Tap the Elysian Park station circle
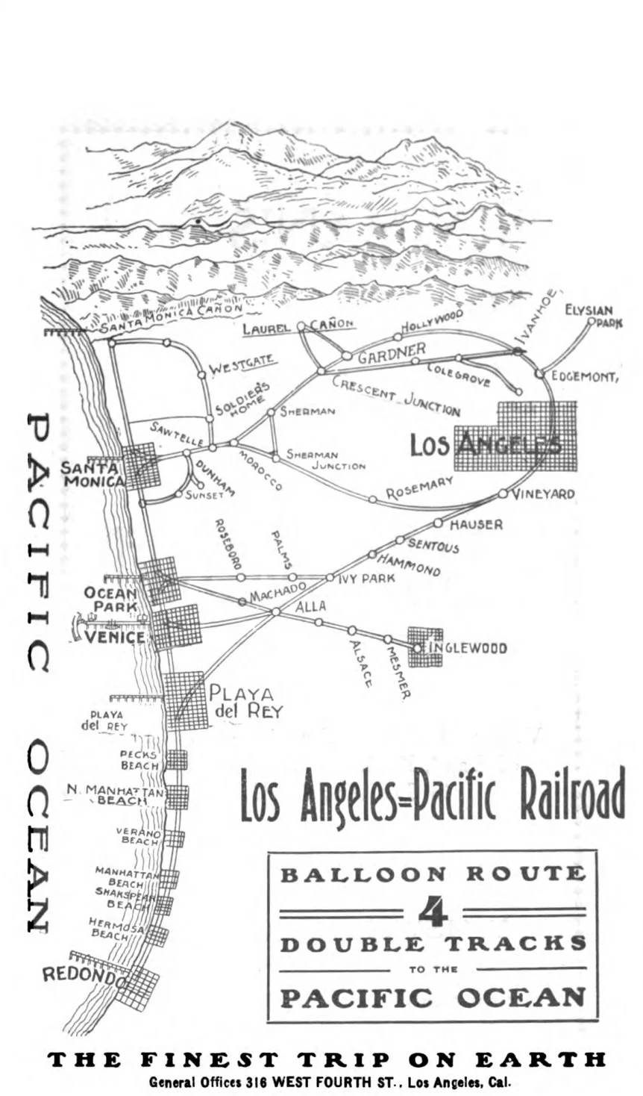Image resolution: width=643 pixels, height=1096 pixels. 592,322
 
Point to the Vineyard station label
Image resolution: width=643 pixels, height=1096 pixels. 542,494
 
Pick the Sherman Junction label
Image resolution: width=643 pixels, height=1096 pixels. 325,460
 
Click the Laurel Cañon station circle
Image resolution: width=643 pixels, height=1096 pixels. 301,326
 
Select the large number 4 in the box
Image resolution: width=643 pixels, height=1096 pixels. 433,912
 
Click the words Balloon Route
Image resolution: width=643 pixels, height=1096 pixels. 433,874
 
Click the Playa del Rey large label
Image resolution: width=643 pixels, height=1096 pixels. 246,702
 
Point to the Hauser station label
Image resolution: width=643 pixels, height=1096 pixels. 475,525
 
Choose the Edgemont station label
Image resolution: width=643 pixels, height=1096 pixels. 585,377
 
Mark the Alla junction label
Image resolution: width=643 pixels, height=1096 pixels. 310,607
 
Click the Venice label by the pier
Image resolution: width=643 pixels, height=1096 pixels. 114,638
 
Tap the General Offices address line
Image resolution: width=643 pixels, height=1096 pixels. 328,1081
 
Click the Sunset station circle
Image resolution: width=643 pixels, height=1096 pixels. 180,494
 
